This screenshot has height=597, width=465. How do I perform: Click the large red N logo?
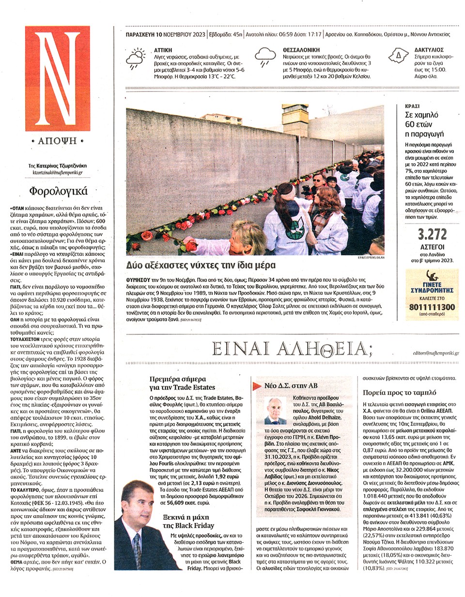point(58,78)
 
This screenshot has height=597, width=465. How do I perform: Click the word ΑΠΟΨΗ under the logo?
point(58,141)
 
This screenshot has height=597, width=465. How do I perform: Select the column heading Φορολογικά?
point(58,191)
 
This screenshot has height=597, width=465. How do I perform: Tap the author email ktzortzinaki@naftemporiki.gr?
point(58,172)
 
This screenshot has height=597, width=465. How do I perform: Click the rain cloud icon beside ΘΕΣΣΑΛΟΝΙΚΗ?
point(265,57)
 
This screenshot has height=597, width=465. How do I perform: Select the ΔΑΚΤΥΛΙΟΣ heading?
point(429,50)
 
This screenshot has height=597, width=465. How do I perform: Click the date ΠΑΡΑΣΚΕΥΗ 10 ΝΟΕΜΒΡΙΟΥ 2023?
point(165,35)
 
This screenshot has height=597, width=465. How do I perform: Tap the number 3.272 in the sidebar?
point(432,234)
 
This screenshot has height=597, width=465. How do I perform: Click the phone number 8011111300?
point(432,307)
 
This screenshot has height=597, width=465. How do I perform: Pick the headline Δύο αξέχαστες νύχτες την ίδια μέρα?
point(201,265)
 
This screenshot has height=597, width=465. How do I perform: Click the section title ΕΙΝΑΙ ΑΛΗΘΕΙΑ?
point(292,349)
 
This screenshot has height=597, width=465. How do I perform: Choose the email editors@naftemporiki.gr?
point(435,353)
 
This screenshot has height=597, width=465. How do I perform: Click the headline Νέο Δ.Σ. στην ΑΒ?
point(291,386)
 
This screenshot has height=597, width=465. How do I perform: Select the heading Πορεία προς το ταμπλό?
point(399,393)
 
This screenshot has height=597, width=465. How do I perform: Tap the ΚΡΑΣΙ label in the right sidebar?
point(412,106)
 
